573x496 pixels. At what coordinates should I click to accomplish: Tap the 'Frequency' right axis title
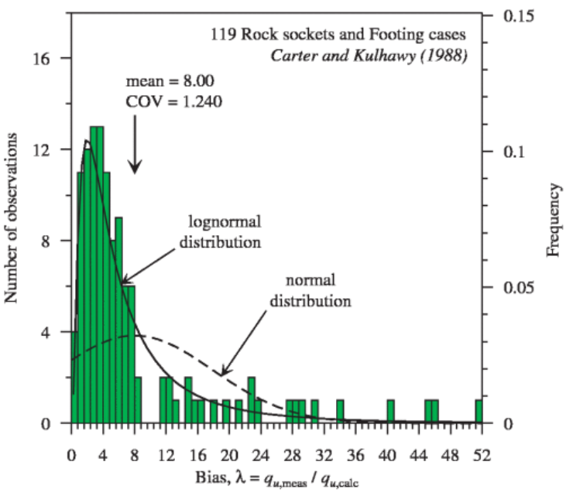pyautogui.click(x=554, y=219)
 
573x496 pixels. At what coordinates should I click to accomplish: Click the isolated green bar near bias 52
pyautogui.click(x=479, y=412)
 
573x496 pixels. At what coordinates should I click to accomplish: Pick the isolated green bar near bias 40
pyautogui.click(x=390, y=412)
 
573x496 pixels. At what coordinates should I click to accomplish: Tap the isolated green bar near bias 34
pyautogui.click(x=340, y=412)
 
